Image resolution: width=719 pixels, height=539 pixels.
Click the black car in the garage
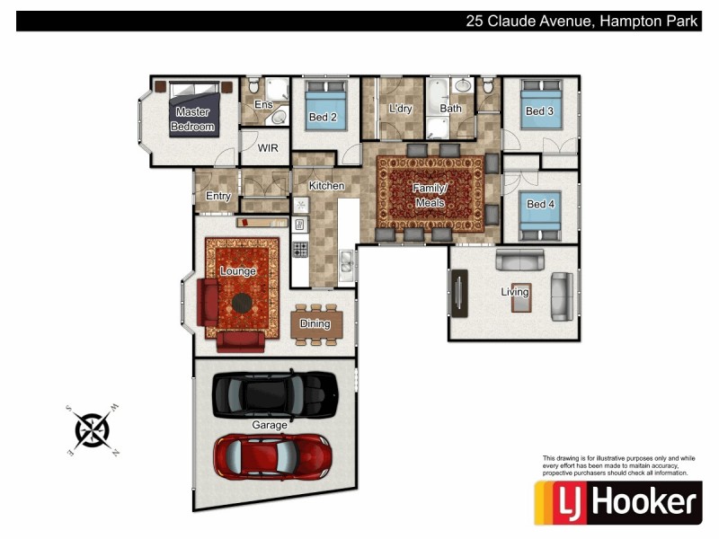coord(274,393)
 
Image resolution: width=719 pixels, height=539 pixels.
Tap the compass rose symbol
coord(93,429)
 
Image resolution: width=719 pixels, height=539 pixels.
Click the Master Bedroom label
coord(193,119)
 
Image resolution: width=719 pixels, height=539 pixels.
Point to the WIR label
coord(268,148)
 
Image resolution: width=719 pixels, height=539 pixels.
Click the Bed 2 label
coord(323,118)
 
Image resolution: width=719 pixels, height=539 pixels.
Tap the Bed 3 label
coord(539,111)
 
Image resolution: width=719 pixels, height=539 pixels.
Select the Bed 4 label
coord(539,205)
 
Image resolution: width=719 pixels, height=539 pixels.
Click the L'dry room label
coord(400,109)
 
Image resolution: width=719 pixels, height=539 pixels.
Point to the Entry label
coord(218,196)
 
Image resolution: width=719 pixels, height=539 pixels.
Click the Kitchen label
coord(326,186)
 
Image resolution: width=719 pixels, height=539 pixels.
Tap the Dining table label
coord(315,324)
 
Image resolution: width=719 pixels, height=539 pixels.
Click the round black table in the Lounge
coord(243,302)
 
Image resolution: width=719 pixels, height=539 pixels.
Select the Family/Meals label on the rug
coord(430,196)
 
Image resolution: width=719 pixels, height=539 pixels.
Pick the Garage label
coord(270,425)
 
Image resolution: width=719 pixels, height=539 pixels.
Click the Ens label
coord(263,105)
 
